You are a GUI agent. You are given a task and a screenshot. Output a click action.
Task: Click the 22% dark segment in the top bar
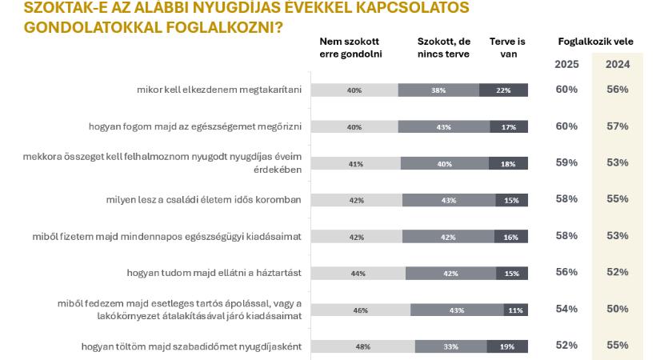(503, 90)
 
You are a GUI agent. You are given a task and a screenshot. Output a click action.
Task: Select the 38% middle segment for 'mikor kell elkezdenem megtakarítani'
(438, 90)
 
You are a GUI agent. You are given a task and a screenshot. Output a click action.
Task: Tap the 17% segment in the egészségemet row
(509, 127)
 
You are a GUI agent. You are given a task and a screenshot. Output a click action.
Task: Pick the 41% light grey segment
(355, 164)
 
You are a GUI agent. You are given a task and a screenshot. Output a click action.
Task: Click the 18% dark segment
(508, 164)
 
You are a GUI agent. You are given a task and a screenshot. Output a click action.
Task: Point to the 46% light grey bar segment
(360, 310)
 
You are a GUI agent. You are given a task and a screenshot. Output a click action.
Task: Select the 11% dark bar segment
(515, 310)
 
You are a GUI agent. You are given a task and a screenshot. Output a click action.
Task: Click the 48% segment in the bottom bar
(362, 346)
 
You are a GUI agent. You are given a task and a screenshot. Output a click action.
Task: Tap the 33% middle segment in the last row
(450, 346)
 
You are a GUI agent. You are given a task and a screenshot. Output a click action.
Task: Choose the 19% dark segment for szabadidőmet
(507, 346)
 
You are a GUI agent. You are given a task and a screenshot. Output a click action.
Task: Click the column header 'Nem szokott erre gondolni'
(350, 47)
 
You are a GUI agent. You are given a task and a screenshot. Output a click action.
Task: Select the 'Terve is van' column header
(508, 47)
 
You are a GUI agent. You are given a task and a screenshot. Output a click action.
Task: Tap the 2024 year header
(617, 64)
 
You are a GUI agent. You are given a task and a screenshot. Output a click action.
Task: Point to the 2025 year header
(566, 64)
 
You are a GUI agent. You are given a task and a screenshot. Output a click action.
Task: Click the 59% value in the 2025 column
(566, 162)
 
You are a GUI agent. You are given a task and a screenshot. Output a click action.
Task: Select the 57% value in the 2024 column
(617, 126)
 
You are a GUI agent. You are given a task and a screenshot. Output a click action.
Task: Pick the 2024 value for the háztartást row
(617, 271)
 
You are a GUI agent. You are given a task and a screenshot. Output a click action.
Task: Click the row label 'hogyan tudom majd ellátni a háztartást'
(214, 273)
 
